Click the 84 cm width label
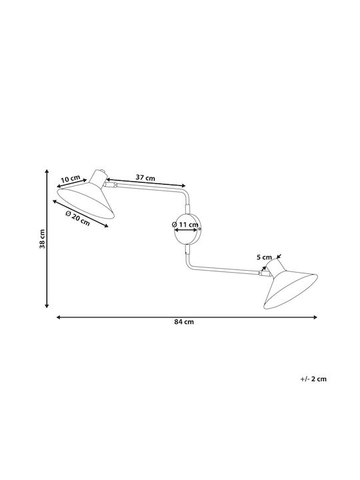point(184,322)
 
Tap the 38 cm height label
point(42,239)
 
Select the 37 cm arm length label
point(145,177)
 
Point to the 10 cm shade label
point(71,179)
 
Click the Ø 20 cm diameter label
point(78,218)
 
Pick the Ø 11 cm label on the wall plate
point(185,225)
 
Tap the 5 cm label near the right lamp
point(264,257)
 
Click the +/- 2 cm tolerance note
point(313,379)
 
